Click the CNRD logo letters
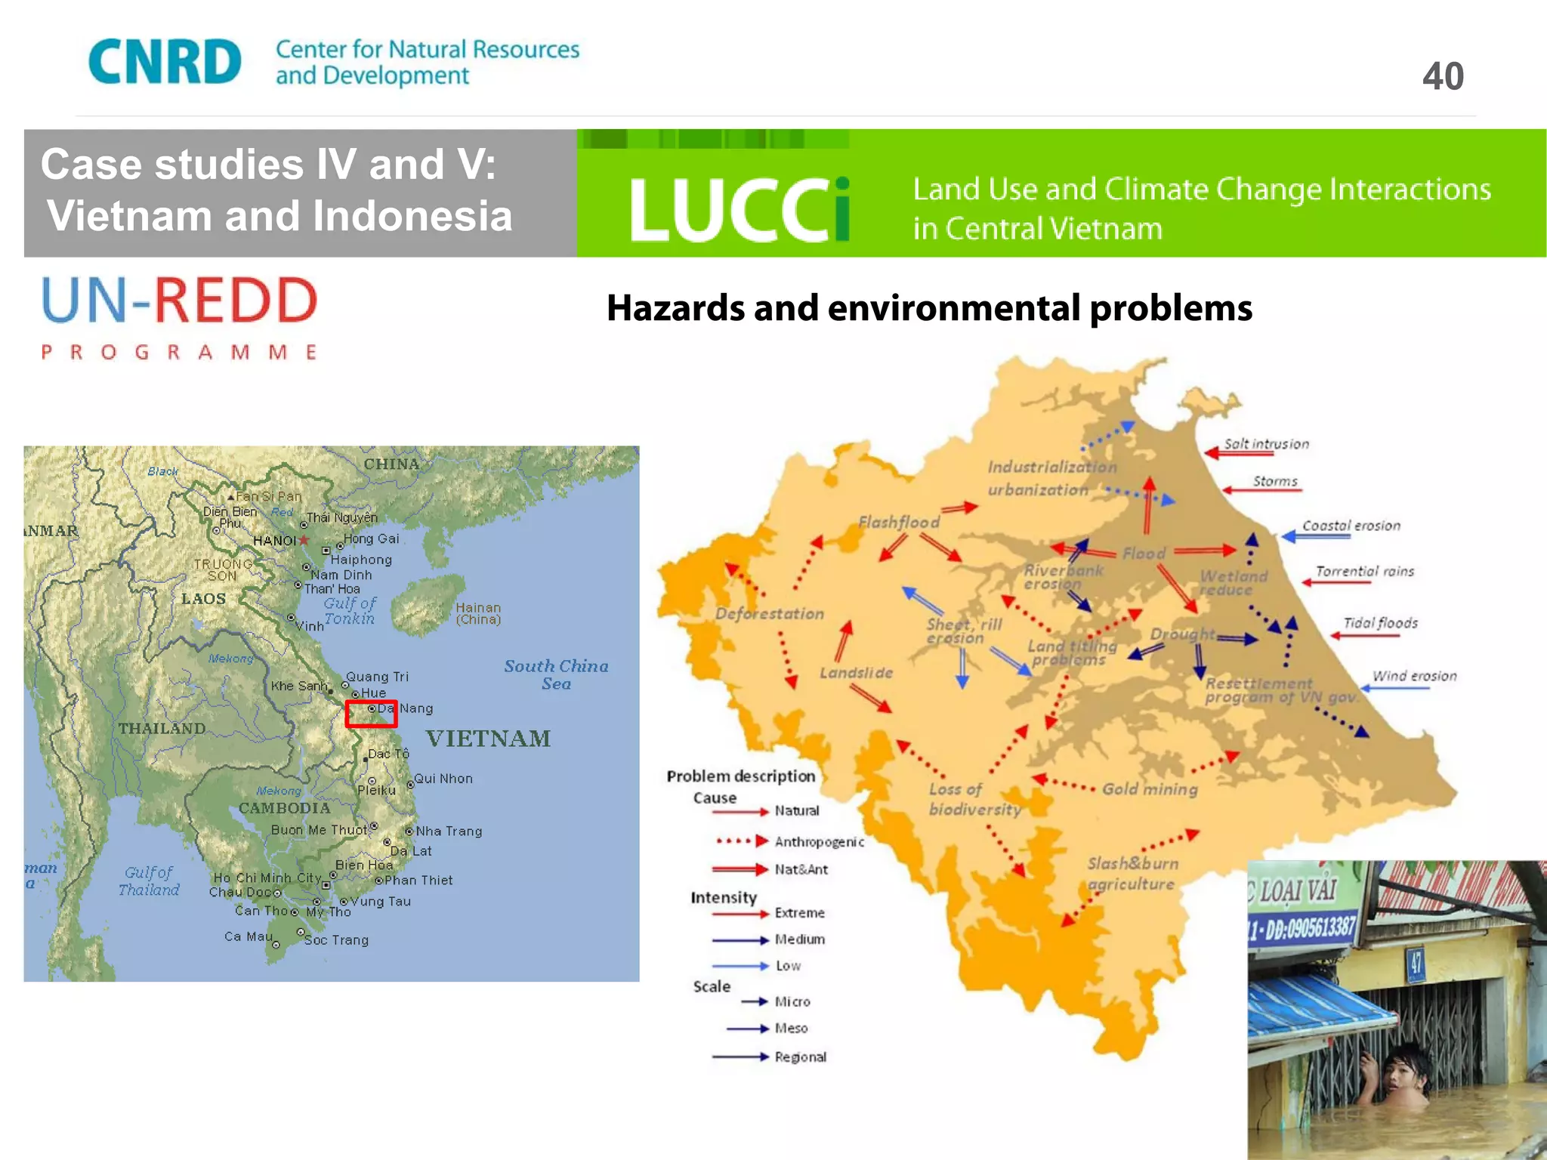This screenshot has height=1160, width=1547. coord(165,62)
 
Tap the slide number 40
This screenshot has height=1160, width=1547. coord(1443,76)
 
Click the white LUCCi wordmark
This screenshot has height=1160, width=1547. coord(740,209)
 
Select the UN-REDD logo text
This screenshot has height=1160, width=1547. coord(180,301)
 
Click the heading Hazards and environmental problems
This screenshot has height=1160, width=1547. coord(929,308)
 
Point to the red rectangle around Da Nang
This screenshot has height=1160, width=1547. coord(371,714)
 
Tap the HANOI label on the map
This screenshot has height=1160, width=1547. coord(274,541)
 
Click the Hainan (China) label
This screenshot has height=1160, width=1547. coord(478,613)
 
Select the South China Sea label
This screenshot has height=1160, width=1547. coord(556,674)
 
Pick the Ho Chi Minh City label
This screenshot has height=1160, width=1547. coord(267,878)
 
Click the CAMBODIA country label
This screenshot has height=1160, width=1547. coord(285,808)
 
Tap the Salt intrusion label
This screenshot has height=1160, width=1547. coord(1266,444)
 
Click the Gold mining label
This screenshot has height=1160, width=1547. coord(1150,789)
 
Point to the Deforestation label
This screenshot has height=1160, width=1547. coord(769,614)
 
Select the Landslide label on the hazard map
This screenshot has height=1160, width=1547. coord(856,673)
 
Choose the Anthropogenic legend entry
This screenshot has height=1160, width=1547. coord(819,841)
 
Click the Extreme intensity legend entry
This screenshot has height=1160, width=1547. coord(799,913)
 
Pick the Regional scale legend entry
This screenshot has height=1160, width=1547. coord(800,1057)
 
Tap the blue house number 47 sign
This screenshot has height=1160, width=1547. coord(1415,963)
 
